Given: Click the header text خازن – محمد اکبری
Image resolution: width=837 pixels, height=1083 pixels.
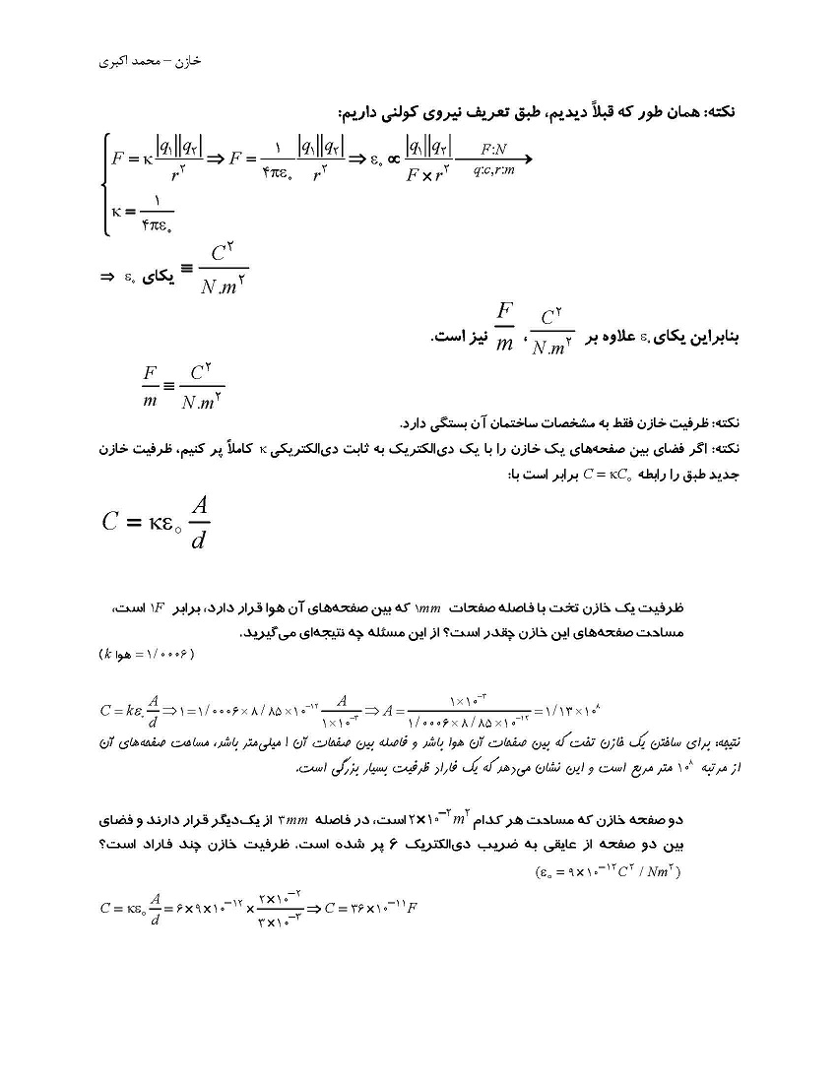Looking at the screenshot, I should (x=151, y=61).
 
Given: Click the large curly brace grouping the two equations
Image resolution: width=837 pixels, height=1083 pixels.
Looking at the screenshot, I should (x=104, y=186).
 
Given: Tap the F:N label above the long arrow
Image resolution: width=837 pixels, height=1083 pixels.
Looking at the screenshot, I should (x=494, y=150).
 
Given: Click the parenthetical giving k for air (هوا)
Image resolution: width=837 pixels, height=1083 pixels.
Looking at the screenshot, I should (x=148, y=654).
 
